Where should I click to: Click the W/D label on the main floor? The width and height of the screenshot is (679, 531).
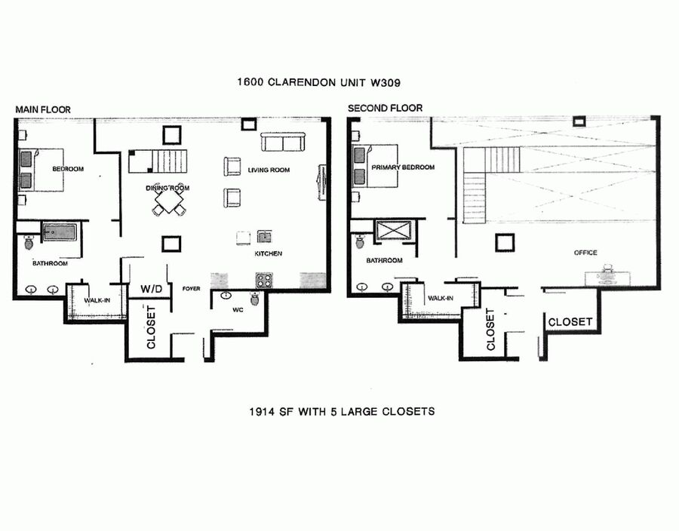(x=151, y=289)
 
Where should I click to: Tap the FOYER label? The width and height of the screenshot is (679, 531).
(x=191, y=289)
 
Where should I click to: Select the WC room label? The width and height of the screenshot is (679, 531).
(x=238, y=310)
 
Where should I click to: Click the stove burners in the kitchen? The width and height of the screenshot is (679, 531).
(x=264, y=281)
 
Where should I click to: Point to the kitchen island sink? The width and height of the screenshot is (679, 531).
(x=264, y=237)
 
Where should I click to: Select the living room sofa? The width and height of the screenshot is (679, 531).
(x=283, y=143)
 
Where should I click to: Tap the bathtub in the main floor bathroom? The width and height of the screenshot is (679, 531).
(x=60, y=233)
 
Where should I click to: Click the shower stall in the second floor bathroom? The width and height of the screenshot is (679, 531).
(x=394, y=230)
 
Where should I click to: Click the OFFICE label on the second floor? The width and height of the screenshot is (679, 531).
(x=585, y=253)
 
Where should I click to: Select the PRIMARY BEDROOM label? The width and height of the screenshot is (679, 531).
(x=403, y=167)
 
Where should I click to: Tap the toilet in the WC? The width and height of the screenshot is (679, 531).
(x=255, y=298)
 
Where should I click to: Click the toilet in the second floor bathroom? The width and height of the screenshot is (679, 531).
(x=361, y=241)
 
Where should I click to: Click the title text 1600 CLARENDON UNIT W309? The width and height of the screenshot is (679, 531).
(x=318, y=82)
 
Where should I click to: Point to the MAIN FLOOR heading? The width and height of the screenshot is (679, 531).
(x=43, y=110)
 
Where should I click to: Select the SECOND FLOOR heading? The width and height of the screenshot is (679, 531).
(x=385, y=108)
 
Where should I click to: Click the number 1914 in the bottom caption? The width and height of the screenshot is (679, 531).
(x=262, y=411)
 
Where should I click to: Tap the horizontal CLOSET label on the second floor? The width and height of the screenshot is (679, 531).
(x=570, y=322)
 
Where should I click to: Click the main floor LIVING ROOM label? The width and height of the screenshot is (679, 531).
(x=269, y=170)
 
